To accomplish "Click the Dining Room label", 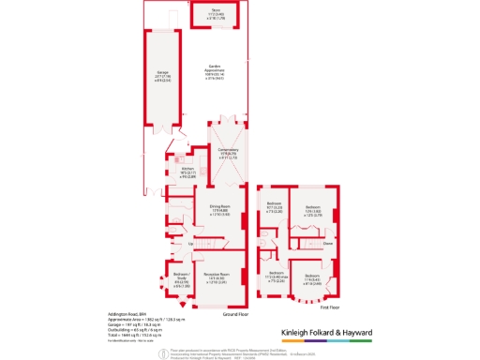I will [x=217, y=212].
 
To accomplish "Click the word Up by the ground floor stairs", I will [x=191, y=245].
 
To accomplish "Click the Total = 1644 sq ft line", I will [x=126, y=335].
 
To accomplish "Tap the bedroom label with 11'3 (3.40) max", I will [x=276, y=277].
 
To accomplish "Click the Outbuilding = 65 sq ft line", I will [x=126, y=330].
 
